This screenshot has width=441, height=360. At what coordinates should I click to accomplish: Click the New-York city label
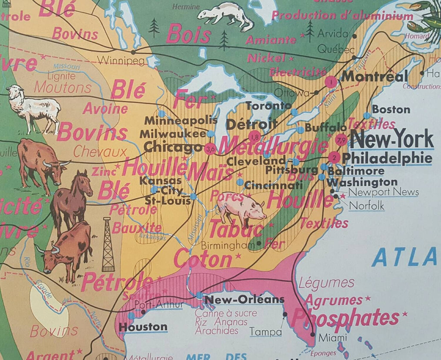point(391,140)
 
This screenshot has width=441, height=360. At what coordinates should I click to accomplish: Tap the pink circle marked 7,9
point(341,140)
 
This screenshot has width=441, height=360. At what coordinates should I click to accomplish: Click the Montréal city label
point(373,77)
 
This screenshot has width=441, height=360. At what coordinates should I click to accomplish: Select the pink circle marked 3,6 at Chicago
point(211,149)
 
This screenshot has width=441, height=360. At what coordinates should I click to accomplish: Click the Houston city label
point(143,327)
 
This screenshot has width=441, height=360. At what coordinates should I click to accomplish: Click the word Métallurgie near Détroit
point(273,146)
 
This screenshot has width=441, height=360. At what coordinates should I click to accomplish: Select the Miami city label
point(332,338)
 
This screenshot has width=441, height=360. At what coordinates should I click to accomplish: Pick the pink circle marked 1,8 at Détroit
point(254,137)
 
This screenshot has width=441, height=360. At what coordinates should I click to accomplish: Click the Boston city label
point(391,109)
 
